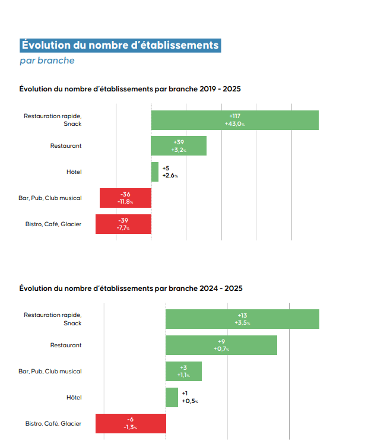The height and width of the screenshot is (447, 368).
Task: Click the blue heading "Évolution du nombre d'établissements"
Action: [120, 45]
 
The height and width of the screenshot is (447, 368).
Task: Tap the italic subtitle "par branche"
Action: [47, 61]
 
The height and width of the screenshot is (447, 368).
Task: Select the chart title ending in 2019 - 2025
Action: [130, 89]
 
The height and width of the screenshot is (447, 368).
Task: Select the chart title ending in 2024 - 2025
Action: [131, 289]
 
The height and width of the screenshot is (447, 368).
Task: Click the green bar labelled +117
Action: [234, 120]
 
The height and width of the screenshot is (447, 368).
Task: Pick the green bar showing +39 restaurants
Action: [179, 146]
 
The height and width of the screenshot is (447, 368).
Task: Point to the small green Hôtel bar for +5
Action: [155, 172]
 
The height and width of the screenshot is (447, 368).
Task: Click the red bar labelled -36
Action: [125, 198]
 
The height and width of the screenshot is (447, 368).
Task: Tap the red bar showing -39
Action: [123, 224]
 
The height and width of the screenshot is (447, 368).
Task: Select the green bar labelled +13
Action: [242, 319]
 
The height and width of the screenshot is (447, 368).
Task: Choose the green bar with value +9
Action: [221, 345]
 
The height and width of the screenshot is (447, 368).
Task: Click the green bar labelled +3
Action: [183, 372]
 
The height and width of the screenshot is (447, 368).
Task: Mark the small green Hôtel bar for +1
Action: [172, 398]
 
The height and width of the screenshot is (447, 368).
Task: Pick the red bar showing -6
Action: [131, 423]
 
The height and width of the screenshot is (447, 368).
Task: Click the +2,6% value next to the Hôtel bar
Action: [170, 176]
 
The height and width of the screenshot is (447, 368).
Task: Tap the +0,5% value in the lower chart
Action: [190, 402]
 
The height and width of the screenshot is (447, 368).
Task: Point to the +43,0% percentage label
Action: [234, 124]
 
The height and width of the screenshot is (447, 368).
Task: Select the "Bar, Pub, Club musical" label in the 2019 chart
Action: [50, 198]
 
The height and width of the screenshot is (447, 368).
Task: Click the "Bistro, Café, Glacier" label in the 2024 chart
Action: [53, 423]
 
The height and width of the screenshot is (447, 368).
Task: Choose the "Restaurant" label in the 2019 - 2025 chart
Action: [66, 145]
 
